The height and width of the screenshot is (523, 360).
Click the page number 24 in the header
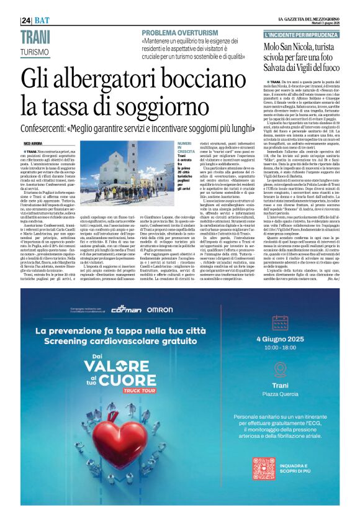pyautogui.click(x=26, y=20)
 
